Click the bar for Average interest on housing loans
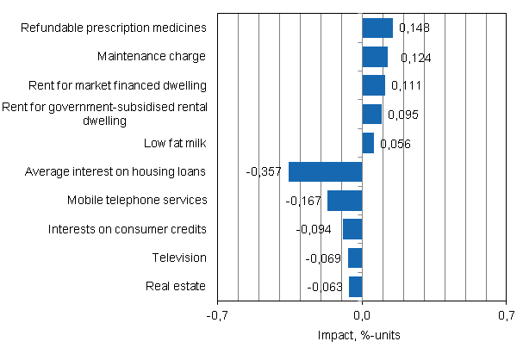click(325, 171)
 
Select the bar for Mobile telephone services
click(345, 201)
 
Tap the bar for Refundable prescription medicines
click(377, 28)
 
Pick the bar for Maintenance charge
click(375, 57)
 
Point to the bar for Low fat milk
click(368, 143)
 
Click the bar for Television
click(355, 258)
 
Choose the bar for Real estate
click(356, 287)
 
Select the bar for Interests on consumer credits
click(352, 229)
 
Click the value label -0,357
click(264, 172)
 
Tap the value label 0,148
click(414, 28)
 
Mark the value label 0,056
click(395, 144)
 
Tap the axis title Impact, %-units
click(362, 335)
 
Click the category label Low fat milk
click(176, 143)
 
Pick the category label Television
click(179, 258)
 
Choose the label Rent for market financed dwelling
click(115, 85)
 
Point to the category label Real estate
click(178, 287)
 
